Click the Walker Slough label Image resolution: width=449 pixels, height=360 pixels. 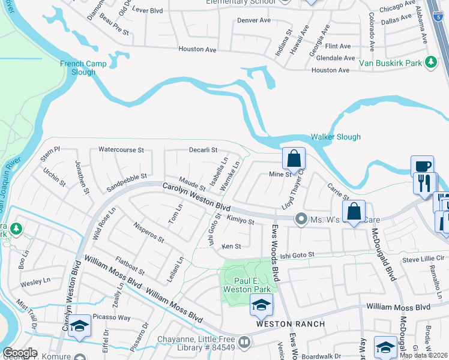click(x=336, y=137)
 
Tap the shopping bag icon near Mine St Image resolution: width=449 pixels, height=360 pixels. click(x=294, y=159)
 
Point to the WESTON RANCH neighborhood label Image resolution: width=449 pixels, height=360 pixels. click(x=291, y=324)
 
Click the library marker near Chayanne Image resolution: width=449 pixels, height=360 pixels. click(x=244, y=343)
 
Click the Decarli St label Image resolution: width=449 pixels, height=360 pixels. click(x=202, y=150)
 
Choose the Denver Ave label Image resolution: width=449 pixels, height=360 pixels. click(x=254, y=20)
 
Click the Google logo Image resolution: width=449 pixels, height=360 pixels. click(x=20, y=353)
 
